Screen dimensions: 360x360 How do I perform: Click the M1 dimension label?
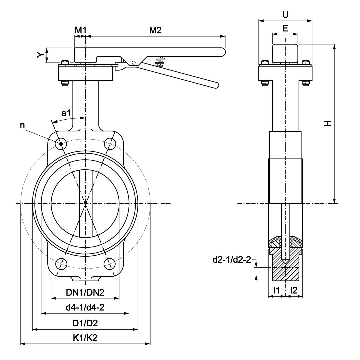point(80,30)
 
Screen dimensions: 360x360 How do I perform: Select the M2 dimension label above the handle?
point(155,30)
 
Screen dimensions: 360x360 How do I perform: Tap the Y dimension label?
point(41,55)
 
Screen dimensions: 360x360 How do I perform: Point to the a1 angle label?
point(66,113)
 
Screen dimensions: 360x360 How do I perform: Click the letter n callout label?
point(22,125)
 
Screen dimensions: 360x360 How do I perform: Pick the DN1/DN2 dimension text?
point(85,292)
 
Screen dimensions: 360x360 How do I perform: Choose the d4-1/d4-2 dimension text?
point(85,307)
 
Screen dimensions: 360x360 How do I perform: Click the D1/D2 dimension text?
point(85,323)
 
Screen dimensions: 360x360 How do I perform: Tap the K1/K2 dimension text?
point(85,338)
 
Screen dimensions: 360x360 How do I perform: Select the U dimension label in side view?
point(285,14)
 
